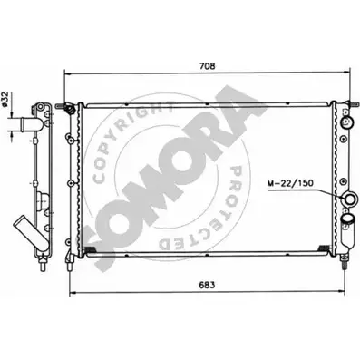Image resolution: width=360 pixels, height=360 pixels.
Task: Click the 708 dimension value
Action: click(x=208, y=66)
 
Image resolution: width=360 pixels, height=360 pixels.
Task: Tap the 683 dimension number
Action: click(x=207, y=285)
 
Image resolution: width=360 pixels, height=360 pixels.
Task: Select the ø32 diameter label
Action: click(x=5, y=99)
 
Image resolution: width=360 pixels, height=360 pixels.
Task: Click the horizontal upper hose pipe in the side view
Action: click(x=22, y=124)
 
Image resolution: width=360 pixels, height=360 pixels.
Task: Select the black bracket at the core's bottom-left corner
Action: click(x=90, y=249)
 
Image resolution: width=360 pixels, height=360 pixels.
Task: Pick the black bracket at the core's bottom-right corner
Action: click(x=325, y=248)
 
